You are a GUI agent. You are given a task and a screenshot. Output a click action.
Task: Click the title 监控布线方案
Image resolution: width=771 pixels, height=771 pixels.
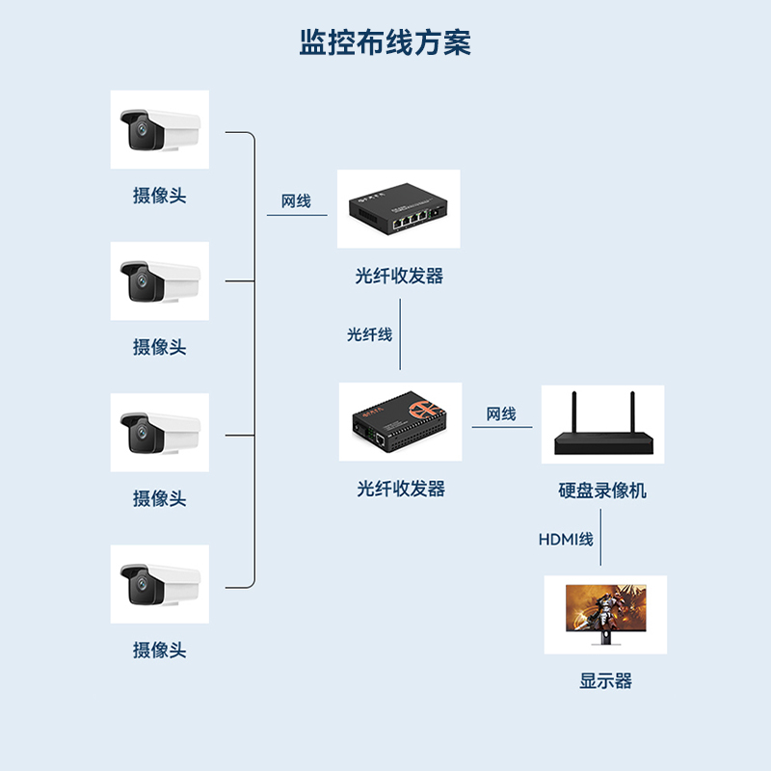click(x=385, y=43)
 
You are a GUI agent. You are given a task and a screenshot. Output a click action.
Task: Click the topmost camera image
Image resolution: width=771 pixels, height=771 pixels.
click(x=159, y=129)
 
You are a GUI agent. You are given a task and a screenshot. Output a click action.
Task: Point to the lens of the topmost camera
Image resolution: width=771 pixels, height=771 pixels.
click(x=141, y=130)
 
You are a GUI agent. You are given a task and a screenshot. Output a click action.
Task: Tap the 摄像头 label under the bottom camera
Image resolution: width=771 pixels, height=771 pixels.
click(x=159, y=650)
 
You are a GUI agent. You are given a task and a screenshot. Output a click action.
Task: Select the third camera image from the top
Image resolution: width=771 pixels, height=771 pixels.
click(x=159, y=433)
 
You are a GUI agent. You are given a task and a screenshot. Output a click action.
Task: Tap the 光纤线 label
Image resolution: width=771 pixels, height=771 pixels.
click(x=370, y=334)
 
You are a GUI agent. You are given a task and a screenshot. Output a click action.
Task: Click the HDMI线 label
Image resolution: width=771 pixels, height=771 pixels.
click(x=566, y=540)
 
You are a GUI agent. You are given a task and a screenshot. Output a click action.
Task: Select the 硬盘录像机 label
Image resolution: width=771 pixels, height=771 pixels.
click(x=602, y=491)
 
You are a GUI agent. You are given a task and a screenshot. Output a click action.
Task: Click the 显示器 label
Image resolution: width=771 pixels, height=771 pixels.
click(x=605, y=680)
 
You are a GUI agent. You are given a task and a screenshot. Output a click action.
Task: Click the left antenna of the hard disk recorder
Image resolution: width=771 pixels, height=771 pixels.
click(x=572, y=412)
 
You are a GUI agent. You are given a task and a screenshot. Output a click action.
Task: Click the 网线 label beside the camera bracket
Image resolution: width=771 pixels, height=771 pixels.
click(x=296, y=201)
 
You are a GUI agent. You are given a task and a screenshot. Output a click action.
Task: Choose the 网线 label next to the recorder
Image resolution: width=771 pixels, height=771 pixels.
click(x=501, y=414)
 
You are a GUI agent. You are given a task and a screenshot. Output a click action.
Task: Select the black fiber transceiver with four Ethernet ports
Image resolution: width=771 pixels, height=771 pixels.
click(x=398, y=209)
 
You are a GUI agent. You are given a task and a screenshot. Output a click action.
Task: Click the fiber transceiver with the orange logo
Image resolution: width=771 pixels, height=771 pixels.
click(x=400, y=422)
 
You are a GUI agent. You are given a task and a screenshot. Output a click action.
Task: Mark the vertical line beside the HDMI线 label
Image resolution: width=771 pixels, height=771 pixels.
click(x=601, y=545)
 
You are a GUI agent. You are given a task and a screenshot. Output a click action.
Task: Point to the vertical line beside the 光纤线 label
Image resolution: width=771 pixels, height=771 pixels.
click(x=400, y=334)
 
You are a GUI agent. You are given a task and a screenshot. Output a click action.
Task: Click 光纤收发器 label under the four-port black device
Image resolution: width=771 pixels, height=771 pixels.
click(x=399, y=276)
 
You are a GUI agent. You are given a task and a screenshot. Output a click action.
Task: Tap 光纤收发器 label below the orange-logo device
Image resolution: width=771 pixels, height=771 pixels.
click(x=401, y=489)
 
